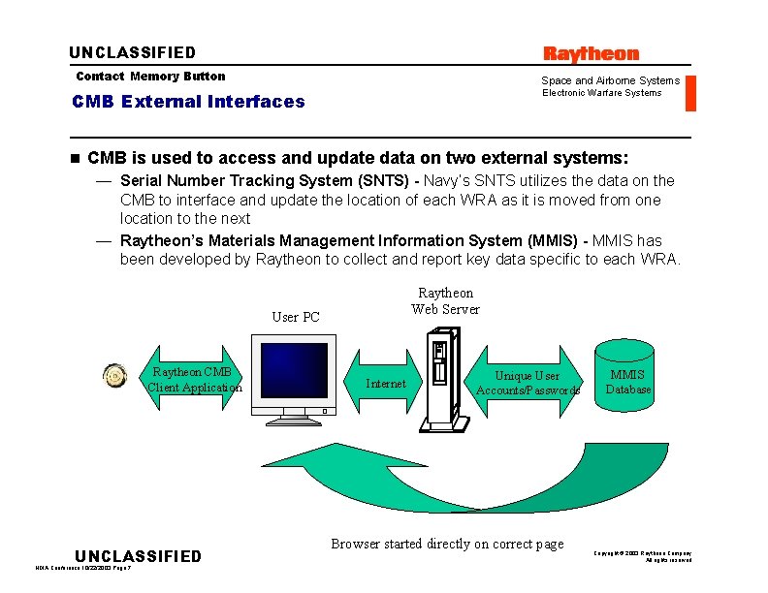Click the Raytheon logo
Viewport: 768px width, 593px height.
click(x=591, y=54)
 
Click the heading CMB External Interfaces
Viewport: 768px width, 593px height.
click(x=188, y=102)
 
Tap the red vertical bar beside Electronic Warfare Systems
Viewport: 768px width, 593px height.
click(x=690, y=93)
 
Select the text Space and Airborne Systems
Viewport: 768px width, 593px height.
click(x=610, y=80)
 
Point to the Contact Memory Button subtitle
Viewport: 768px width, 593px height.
click(x=150, y=77)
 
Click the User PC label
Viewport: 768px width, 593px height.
click(x=296, y=317)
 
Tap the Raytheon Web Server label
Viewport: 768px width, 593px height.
click(x=445, y=301)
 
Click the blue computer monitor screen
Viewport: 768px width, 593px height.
click(x=294, y=373)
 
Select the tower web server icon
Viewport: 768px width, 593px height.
click(x=444, y=378)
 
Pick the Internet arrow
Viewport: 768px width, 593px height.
click(x=386, y=384)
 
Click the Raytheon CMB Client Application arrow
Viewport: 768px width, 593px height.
click(x=193, y=380)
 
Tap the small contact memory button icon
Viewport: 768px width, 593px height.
click(x=115, y=377)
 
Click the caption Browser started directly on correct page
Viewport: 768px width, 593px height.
click(x=447, y=544)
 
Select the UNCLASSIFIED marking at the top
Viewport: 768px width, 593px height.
click(x=132, y=53)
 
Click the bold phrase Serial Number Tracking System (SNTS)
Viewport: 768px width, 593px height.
click(x=265, y=180)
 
